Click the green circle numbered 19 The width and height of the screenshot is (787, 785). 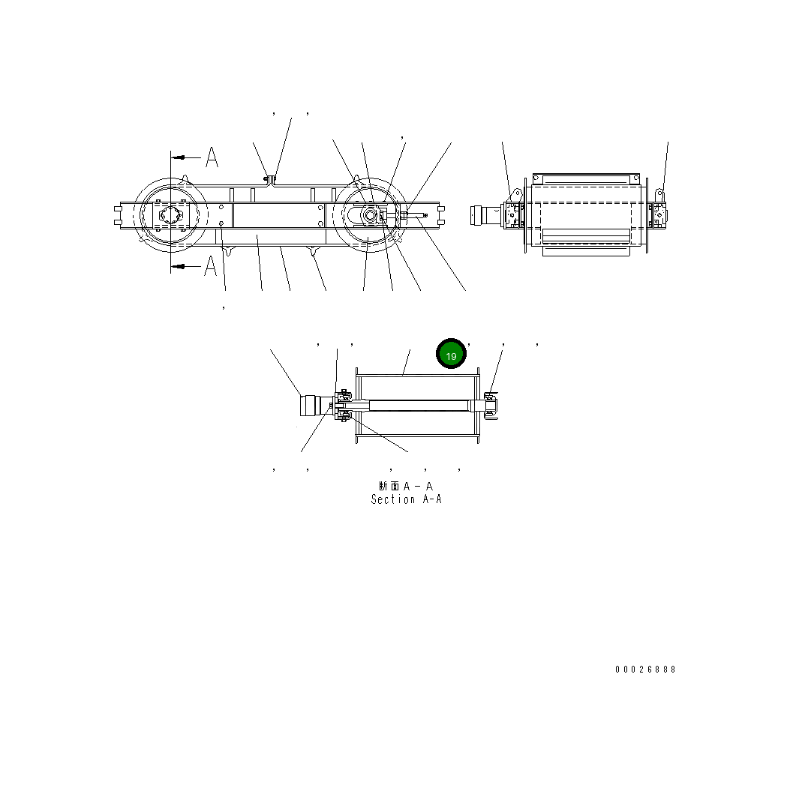point(451,355)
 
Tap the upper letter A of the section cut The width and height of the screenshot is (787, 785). point(212,157)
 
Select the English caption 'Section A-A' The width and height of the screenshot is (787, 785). point(406,499)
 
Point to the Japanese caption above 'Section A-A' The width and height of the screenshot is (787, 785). point(406,487)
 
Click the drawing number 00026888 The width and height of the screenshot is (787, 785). point(645,670)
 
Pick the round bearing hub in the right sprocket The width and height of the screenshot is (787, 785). point(368,215)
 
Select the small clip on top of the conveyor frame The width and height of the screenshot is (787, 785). point(269,178)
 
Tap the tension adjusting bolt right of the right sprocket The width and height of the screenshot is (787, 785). point(416,216)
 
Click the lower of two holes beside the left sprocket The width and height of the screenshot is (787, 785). point(221,223)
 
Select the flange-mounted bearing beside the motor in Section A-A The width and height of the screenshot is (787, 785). point(344,406)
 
